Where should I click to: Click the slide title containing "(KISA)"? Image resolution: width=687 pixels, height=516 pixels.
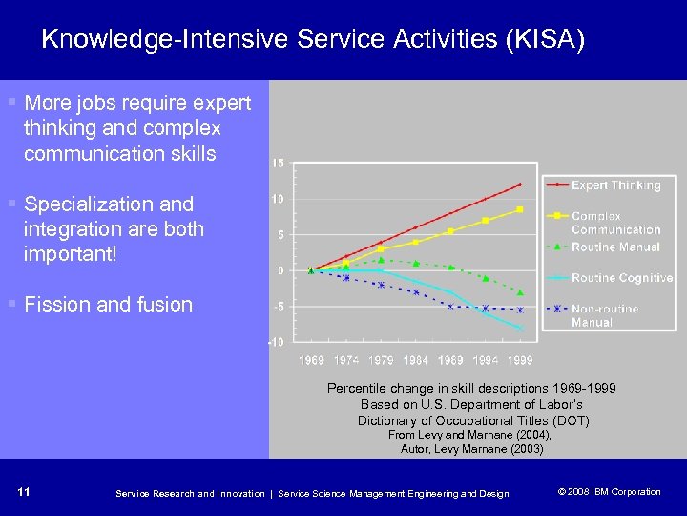coord(313,40)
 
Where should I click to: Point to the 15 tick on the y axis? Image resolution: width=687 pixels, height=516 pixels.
coord(277,163)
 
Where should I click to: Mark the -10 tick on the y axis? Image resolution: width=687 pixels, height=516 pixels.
coord(275,342)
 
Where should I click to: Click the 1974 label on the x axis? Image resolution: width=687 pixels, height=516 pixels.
coord(345,360)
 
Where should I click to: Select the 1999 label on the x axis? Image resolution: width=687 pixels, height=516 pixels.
coord(519,360)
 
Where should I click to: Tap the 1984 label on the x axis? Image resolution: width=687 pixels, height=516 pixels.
coord(415,360)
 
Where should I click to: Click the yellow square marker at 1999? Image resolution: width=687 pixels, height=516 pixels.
coord(520,209)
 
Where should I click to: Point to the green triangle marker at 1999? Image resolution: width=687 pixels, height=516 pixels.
coord(520,292)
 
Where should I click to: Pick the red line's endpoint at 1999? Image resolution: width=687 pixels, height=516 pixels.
coord(520,184)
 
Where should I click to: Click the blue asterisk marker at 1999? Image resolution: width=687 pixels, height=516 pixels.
coord(520,310)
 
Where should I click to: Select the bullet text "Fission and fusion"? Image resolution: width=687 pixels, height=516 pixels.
coord(108,305)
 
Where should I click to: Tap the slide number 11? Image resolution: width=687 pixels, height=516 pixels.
coord(24,492)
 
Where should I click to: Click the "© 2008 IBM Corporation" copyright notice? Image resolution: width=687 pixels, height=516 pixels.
coord(608,492)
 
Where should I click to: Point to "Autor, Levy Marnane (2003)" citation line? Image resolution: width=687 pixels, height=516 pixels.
coord(471,448)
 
